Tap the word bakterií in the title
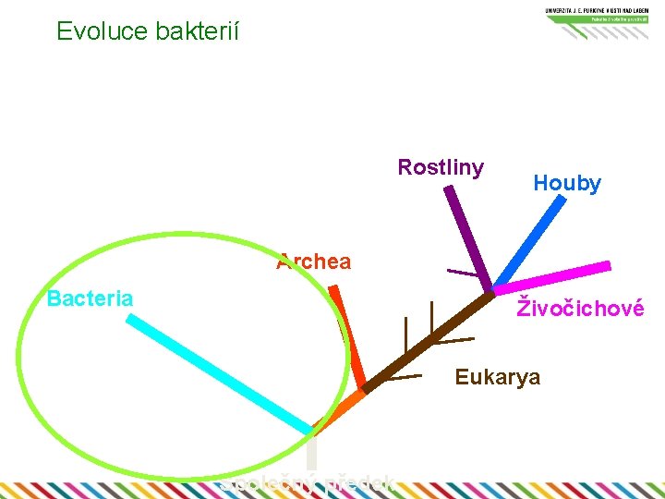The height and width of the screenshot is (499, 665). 197,31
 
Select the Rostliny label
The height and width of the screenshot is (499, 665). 441,167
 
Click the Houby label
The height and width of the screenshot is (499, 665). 567,183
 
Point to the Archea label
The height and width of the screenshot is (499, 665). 314,262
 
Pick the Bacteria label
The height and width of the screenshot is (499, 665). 90,298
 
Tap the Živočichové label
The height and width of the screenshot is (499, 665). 580,308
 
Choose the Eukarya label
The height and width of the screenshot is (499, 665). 498,377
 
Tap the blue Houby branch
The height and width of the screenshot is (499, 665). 527,241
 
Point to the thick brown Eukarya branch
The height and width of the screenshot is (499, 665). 429,342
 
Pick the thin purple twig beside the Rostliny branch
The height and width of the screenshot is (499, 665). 462,273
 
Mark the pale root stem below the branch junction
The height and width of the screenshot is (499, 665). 312,452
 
